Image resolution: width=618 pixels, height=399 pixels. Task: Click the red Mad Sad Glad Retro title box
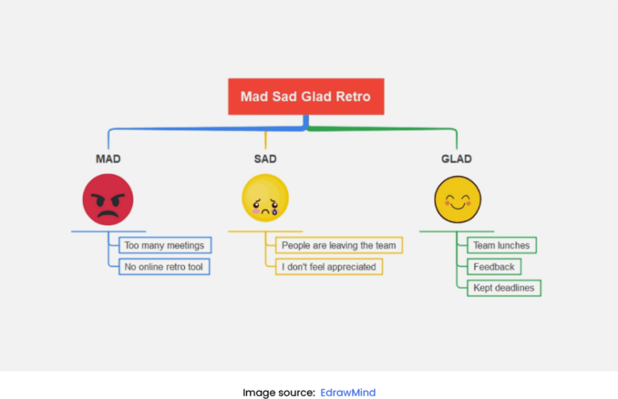point(306,97)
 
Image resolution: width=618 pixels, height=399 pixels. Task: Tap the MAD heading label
point(108,159)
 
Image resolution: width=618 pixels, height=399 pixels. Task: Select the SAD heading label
point(265,159)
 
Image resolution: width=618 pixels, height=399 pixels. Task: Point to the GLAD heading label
point(456,159)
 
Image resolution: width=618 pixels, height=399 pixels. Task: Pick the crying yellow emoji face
point(265,198)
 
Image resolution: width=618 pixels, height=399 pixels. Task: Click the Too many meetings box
point(164,245)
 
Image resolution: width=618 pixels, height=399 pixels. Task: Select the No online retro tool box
point(164,266)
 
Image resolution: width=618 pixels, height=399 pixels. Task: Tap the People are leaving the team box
point(339,245)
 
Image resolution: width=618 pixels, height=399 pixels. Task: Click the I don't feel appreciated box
point(328,266)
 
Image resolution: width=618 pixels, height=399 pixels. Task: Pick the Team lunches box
point(501,245)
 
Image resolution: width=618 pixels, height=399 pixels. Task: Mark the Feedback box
point(494,266)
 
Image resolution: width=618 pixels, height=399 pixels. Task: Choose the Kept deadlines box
point(504,287)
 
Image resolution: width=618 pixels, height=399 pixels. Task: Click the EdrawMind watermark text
point(348,393)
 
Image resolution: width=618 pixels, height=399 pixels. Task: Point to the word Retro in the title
point(352,97)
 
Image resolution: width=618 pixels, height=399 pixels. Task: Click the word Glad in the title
point(315,97)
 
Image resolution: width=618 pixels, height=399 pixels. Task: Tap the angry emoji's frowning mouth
point(108,216)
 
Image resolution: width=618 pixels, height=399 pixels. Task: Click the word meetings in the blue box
point(186,245)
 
